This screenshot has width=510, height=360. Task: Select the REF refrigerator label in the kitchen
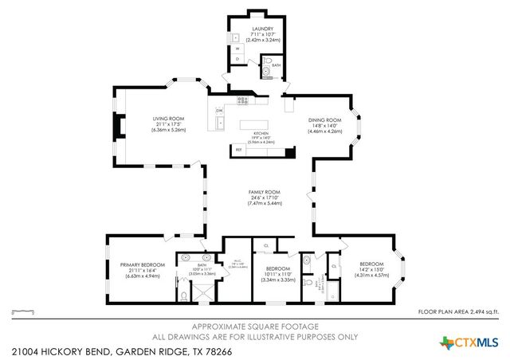pos(238,149)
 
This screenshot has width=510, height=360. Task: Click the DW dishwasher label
pos(219,111)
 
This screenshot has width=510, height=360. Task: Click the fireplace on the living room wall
pos(119,127)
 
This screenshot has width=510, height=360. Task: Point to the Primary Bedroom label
pos(143,264)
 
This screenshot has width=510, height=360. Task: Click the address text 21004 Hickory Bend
pos(64,350)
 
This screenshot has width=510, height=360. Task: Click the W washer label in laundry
pos(237,49)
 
